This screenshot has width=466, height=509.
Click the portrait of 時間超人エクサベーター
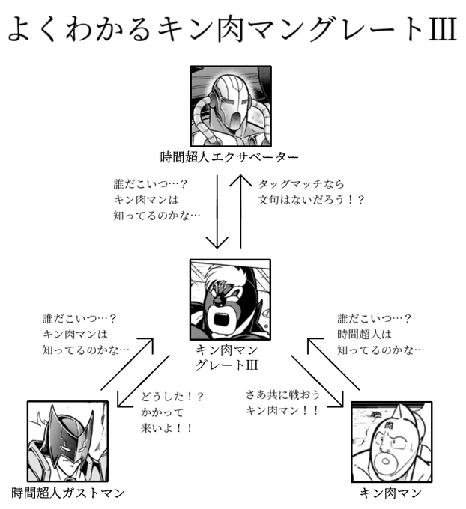point(230,106)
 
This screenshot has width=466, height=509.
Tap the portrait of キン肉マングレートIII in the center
point(230,298)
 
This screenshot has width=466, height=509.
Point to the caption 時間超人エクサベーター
point(229,158)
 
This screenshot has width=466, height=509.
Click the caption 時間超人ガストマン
point(68,493)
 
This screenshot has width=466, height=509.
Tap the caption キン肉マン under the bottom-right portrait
point(390,493)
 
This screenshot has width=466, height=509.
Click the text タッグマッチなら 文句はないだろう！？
point(309,192)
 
